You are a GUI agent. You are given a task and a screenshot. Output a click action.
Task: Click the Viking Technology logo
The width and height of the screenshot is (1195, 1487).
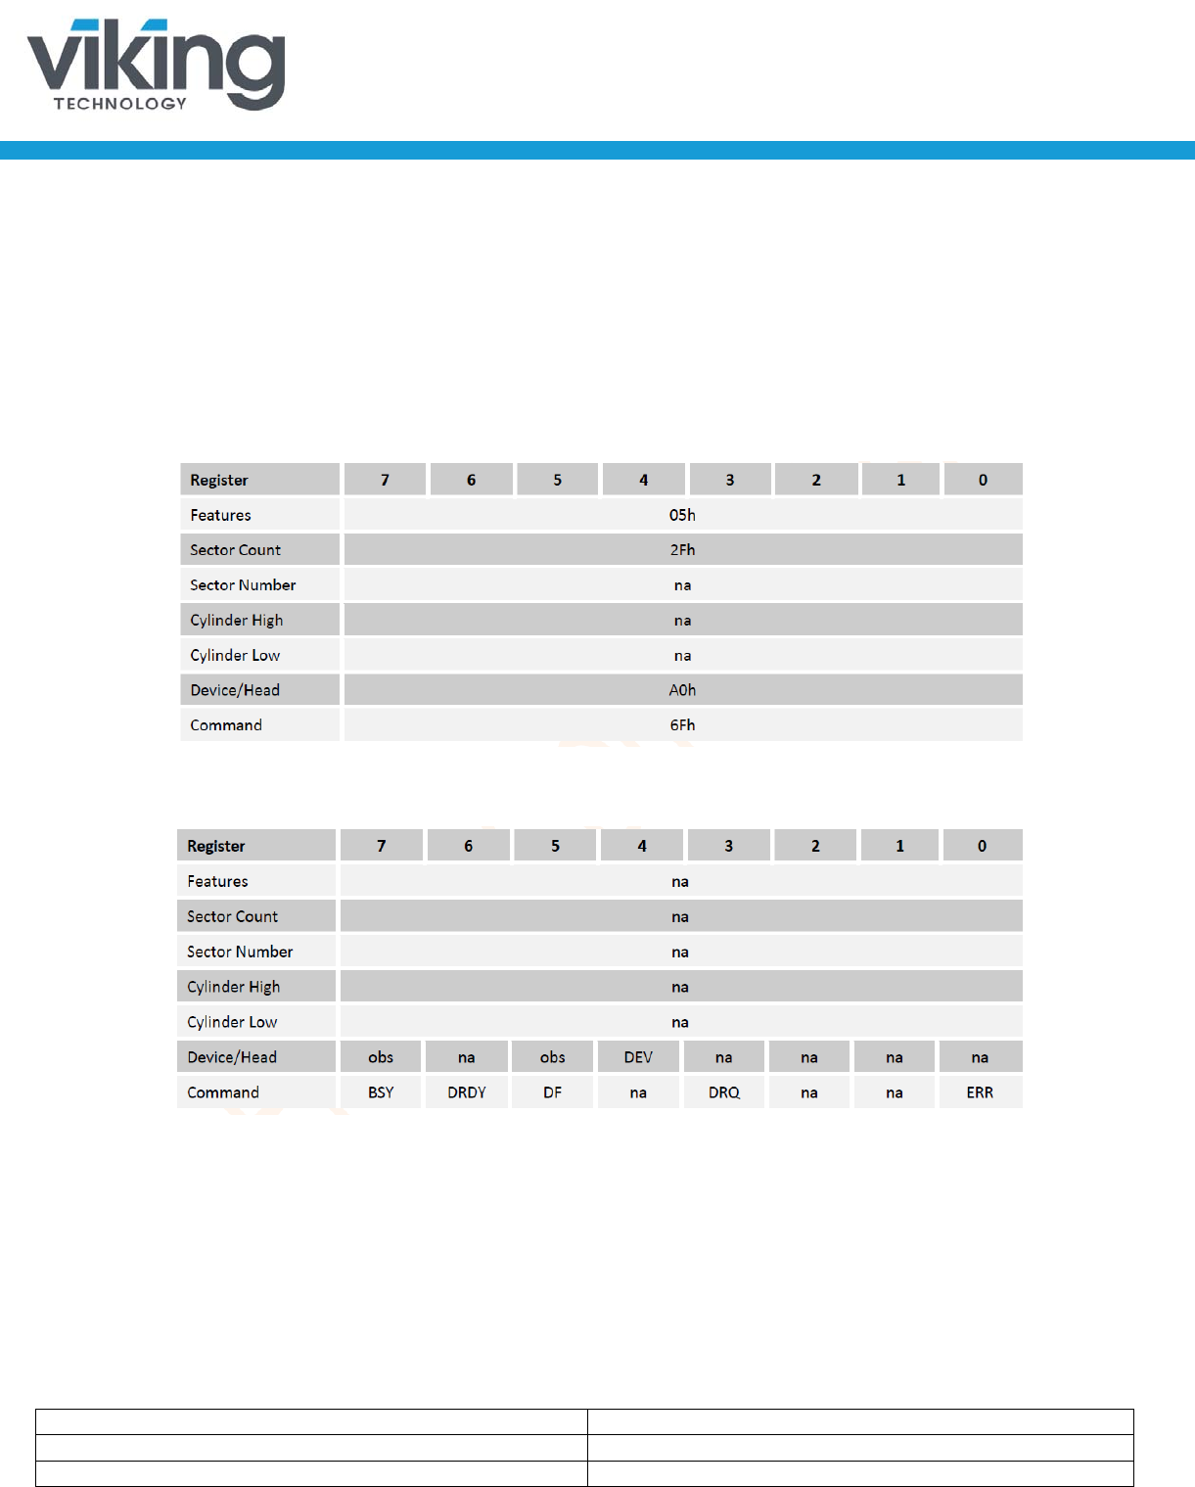click(x=157, y=65)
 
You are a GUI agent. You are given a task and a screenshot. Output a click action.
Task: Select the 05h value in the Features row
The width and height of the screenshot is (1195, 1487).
click(x=682, y=515)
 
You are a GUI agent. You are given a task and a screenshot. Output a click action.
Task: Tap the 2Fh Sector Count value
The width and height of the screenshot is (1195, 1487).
click(x=682, y=550)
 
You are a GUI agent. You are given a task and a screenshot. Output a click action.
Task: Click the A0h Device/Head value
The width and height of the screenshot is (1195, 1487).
click(x=682, y=690)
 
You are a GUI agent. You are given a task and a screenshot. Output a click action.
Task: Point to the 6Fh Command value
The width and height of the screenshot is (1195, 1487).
click(x=682, y=725)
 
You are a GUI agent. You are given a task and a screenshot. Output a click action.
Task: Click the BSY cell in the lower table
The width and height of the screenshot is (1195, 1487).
click(x=381, y=1092)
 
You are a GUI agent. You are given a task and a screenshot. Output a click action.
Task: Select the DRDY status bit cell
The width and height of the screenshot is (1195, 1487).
click(x=467, y=1092)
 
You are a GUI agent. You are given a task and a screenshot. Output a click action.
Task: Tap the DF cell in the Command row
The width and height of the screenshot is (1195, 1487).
click(x=553, y=1092)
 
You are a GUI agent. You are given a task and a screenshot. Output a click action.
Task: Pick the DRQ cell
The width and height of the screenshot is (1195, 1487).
click(x=724, y=1092)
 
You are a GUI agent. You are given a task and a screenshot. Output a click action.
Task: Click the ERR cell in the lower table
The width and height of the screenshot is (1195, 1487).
click(x=980, y=1092)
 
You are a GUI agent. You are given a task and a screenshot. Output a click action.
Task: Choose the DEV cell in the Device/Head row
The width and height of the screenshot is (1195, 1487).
click(x=638, y=1057)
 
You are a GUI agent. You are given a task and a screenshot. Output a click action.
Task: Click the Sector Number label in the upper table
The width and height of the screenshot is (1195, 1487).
click(x=243, y=585)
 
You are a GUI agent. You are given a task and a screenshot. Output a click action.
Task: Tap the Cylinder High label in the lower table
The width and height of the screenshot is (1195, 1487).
click(x=234, y=987)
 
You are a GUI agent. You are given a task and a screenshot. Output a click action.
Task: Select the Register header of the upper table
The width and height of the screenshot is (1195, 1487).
click(x=219, y=480)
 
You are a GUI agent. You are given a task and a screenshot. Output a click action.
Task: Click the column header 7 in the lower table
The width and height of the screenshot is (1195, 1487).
click(x=382, y=846)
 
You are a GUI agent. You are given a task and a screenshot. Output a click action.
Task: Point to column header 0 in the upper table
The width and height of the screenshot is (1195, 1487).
click(x=983, y=480)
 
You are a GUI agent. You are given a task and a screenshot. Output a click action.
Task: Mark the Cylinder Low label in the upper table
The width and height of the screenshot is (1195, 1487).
click(x=235, y=656)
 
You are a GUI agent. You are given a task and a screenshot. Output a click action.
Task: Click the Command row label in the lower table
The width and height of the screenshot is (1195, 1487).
click(x=223, y=1092)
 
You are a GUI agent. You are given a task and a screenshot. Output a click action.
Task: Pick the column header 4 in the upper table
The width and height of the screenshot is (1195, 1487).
click(x=643, y=480)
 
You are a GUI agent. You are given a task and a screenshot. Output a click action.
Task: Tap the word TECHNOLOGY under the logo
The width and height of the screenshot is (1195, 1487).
click(x=120, y=104)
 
